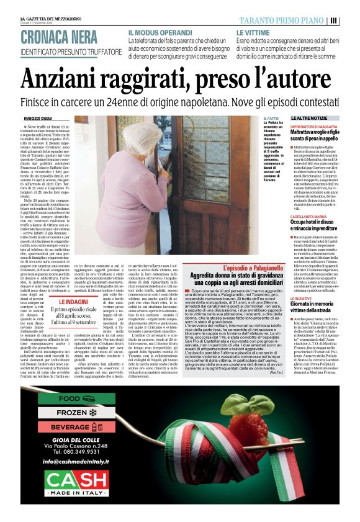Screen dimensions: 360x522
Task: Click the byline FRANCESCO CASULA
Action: [x=38, y=118]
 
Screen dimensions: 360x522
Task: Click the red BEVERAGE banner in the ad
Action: [x=77, y=427]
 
